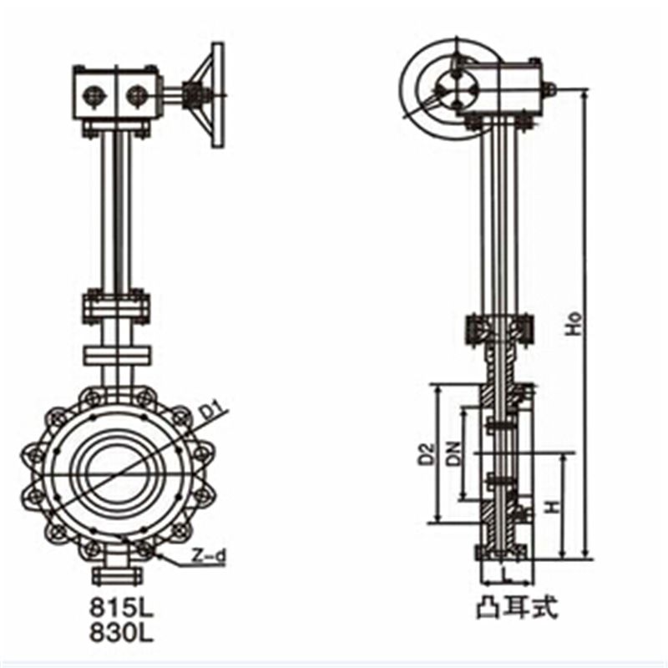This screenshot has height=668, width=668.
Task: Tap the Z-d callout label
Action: tap(208, 556)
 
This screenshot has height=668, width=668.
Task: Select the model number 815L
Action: tap(121, 610)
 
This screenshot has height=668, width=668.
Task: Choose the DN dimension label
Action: tap(455, 453)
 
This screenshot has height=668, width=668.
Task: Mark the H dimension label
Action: tap(553, 507)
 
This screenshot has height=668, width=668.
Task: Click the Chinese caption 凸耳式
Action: tap(516, 609)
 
